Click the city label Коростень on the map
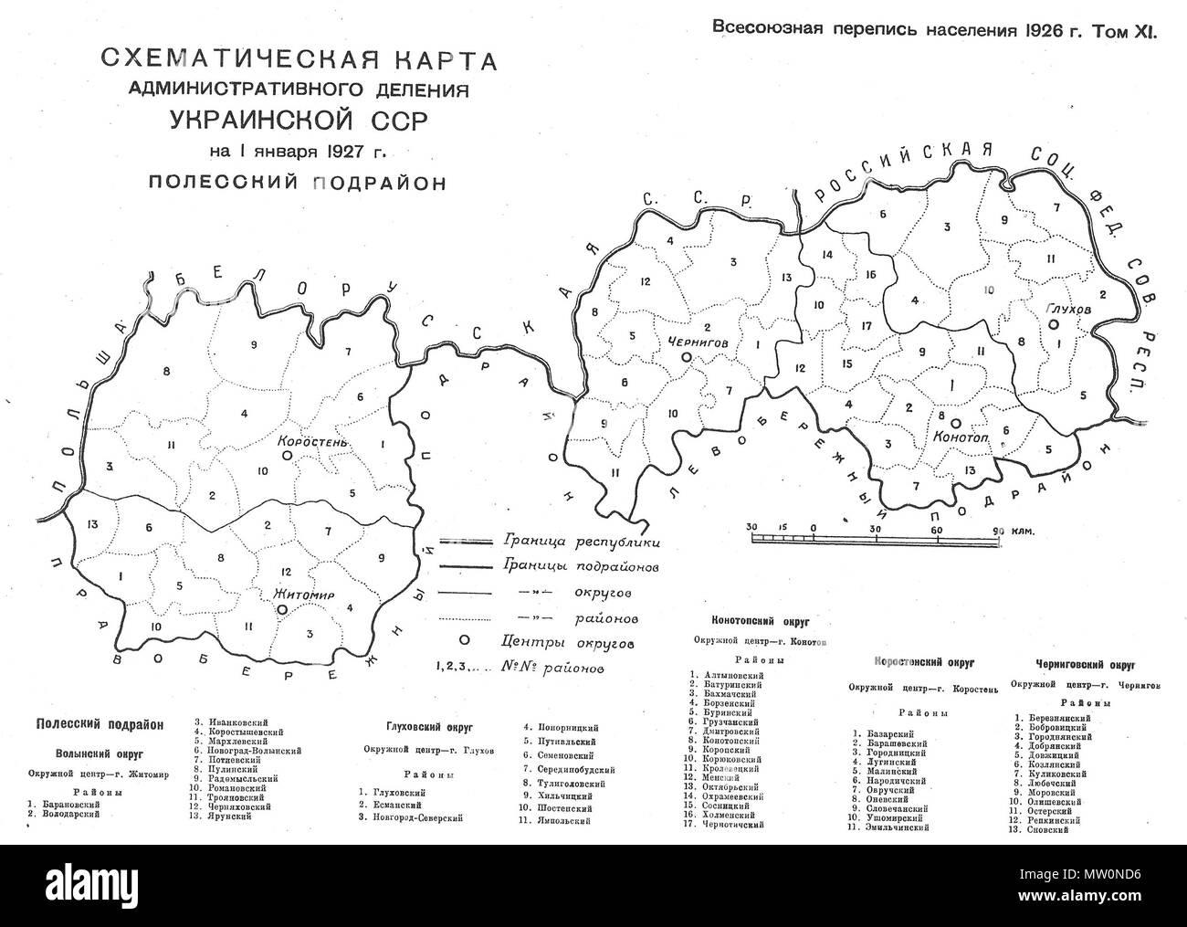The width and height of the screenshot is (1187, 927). (313, 439)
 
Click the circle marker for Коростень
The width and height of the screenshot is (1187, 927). (286, 454)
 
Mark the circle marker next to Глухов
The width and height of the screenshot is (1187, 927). (1053, 324)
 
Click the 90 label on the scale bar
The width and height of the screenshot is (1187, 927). (999, 529)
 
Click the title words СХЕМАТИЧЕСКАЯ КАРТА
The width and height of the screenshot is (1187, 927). (298, 63)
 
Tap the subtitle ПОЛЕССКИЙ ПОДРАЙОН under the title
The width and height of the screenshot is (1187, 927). (298, 182)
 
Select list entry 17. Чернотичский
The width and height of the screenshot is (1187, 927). (739, 824)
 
